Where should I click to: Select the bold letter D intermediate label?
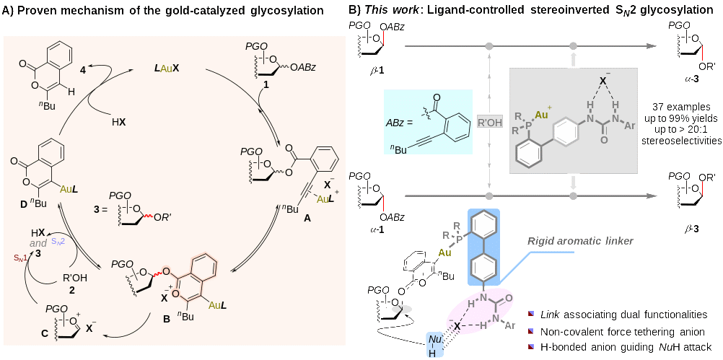(24, 204)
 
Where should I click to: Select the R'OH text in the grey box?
(490, 122)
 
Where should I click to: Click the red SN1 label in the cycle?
(22, 256)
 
